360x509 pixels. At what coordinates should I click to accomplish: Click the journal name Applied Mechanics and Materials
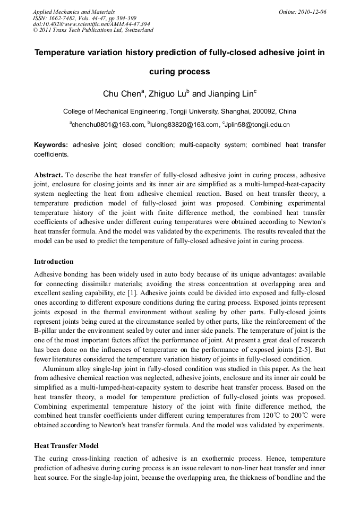(x=74, y=12)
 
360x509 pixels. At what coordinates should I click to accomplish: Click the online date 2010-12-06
(x=311, y=12)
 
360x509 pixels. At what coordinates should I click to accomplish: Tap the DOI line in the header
(x=91, y=24)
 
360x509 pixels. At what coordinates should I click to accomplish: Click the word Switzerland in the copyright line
(x=138, y=30)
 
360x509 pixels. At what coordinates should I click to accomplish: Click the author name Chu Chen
(x=122, y=94)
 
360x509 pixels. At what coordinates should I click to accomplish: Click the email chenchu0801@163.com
(x=108, y=125)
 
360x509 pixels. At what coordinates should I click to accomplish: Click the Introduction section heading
(x=54, y=262)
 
